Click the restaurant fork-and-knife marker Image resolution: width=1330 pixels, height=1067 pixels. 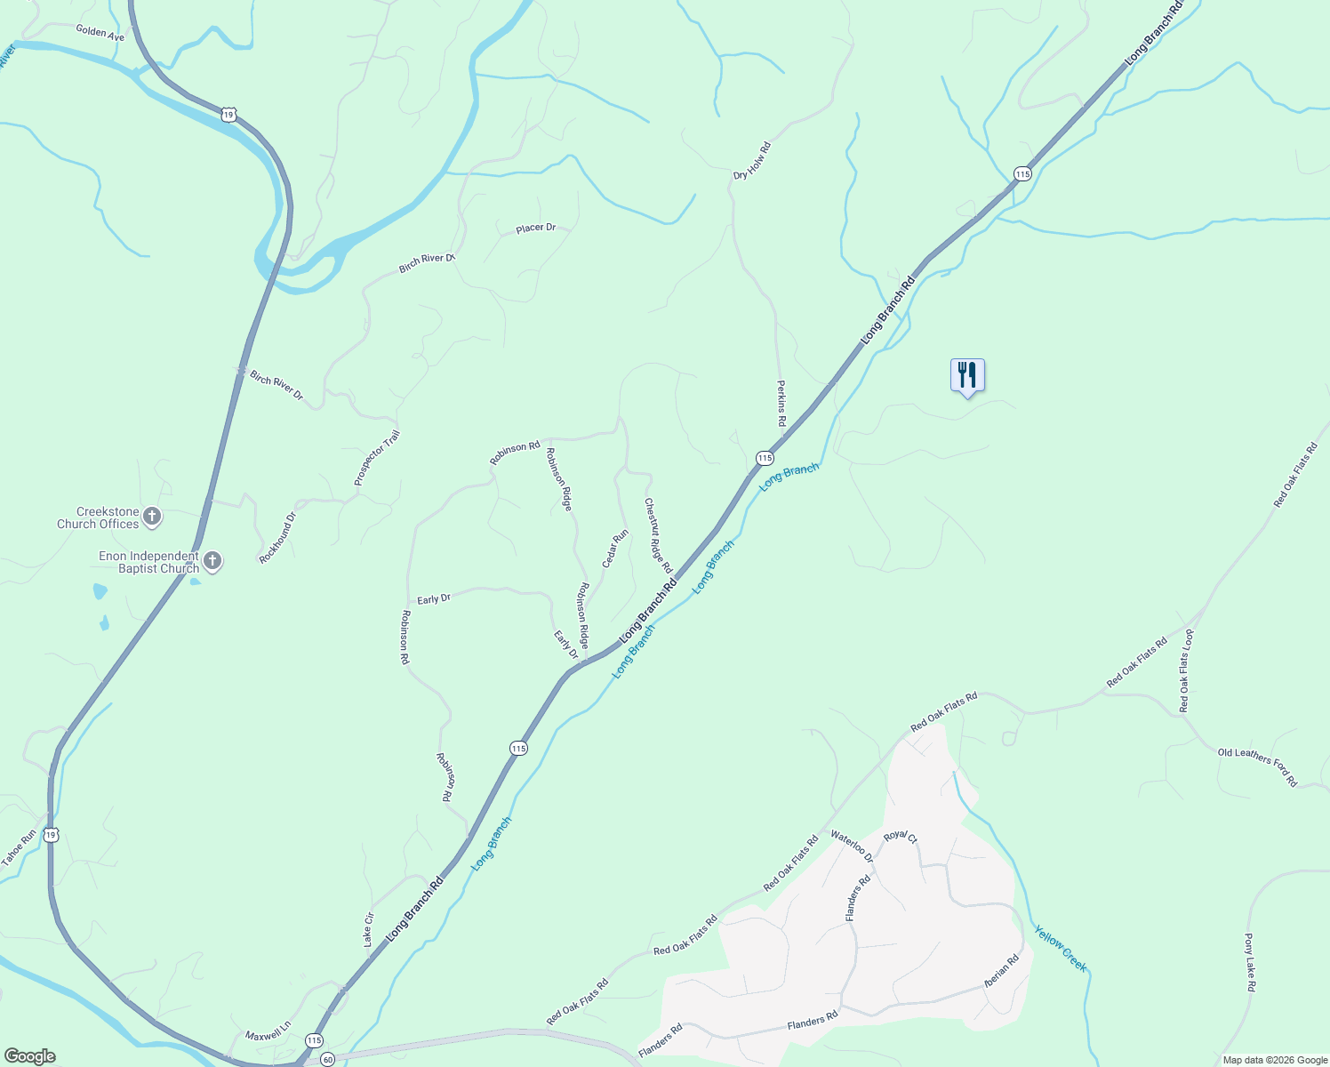[967, 375]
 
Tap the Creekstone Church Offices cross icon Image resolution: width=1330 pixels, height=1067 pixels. [152, 517]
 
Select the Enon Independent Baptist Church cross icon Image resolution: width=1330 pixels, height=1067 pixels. [212, 561]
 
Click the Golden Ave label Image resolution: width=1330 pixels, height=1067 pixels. [100, 33]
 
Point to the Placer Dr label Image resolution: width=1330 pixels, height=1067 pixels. [536, 229]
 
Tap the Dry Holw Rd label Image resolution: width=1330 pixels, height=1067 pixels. [751, 161]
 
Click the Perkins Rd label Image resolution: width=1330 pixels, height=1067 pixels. [781, 404]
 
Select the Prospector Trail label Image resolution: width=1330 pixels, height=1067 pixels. [377, 458]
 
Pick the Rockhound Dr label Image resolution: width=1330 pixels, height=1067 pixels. [277, 537]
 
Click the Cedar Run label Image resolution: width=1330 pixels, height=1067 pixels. [615, 548]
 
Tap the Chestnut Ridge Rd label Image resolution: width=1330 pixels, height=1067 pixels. [659, 535]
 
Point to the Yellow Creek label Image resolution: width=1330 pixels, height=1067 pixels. [1061, 948]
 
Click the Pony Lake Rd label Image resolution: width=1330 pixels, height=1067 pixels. [1249, 962]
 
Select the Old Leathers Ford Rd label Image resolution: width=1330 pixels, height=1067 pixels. [1257, 766]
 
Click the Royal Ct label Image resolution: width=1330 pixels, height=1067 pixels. [900, 837]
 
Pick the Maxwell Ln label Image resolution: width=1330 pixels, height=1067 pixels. [268, 1035]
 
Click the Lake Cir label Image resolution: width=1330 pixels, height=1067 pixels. [368, 929]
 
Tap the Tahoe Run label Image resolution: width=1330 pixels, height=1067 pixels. [19, 848]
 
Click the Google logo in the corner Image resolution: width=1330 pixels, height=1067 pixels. [29, 1056]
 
